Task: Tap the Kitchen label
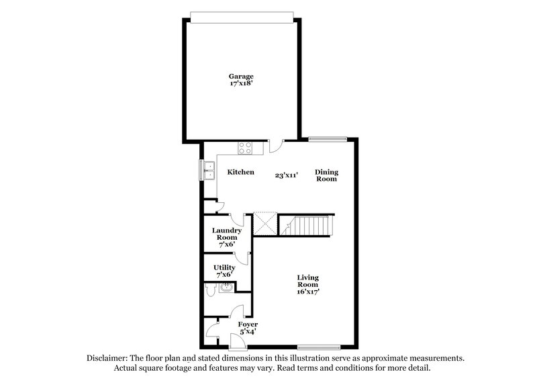240,173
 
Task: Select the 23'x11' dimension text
287,175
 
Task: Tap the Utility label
224,267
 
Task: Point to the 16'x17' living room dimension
309,292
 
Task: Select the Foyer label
248,324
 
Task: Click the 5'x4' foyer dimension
248,333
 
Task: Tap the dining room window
328,140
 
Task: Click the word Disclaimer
107,359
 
